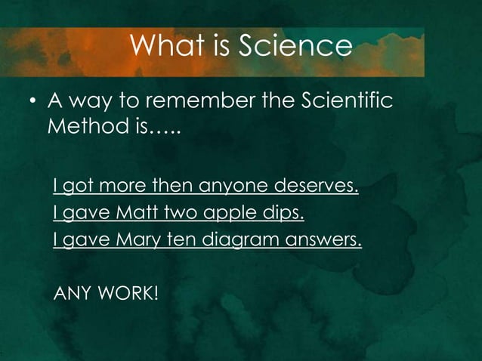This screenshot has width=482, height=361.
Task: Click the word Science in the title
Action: pos(296,47)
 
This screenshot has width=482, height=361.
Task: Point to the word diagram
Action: pos(244,242)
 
